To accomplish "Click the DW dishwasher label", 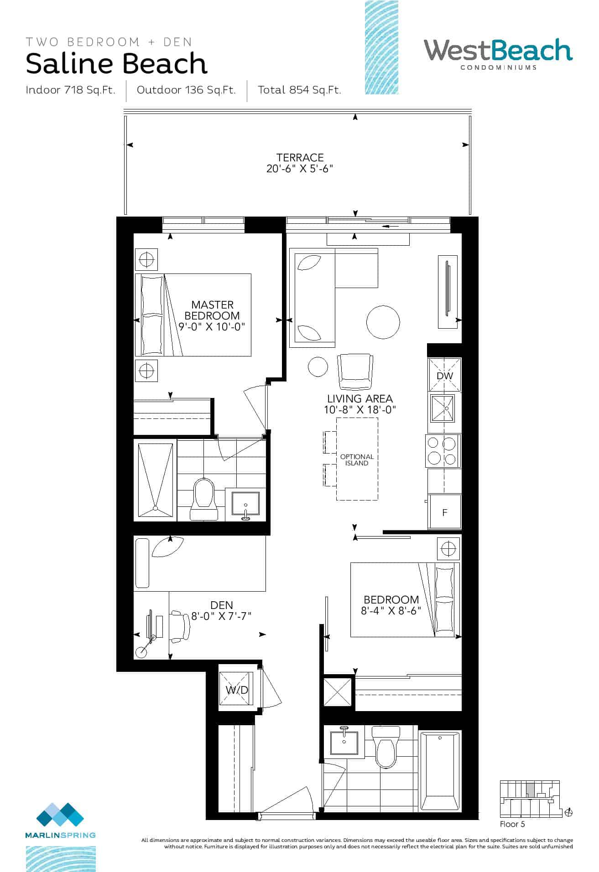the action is tap(445, 376).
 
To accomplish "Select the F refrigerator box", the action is tap(445, 512).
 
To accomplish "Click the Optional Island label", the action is tap(357, 459).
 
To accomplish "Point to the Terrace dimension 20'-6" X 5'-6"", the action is tap(300, 169).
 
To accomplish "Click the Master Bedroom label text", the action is tap(212, 310).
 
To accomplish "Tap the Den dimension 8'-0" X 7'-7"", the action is tap(221, 616).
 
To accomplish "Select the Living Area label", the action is tap(360, 398).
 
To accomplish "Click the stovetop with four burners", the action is tap(443, 451).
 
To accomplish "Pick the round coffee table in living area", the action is tap(383, 322).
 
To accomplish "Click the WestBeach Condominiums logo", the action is tap(498, 54).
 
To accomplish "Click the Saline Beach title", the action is tap(117, 63).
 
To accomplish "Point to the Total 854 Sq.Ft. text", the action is tap(299, 90).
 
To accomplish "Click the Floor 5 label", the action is tap(512, 824).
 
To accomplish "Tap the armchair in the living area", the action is tap(354, 372).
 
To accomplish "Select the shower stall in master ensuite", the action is tap(155, 480).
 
